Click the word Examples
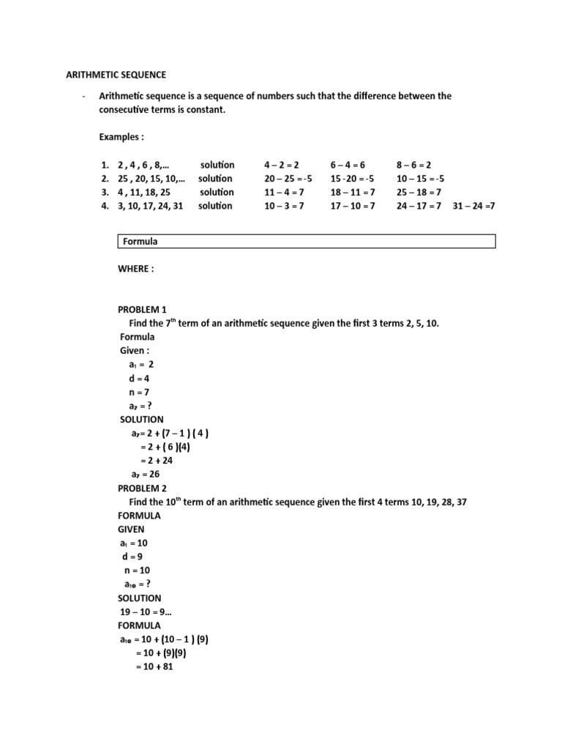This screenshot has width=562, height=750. (121, 137)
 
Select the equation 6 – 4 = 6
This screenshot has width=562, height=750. (353, 165)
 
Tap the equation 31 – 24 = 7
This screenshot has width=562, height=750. (474, 206)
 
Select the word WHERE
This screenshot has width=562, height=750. (136, 268)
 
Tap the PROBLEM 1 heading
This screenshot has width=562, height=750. (143, 310)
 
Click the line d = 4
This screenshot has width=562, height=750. (138, 379)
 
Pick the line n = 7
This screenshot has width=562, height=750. (138, 392)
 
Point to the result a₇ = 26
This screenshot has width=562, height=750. (146, 474)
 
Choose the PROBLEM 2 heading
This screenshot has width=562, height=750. (143, 488)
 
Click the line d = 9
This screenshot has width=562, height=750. (132, 557)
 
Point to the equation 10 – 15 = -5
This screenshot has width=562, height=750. (420, 179)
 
